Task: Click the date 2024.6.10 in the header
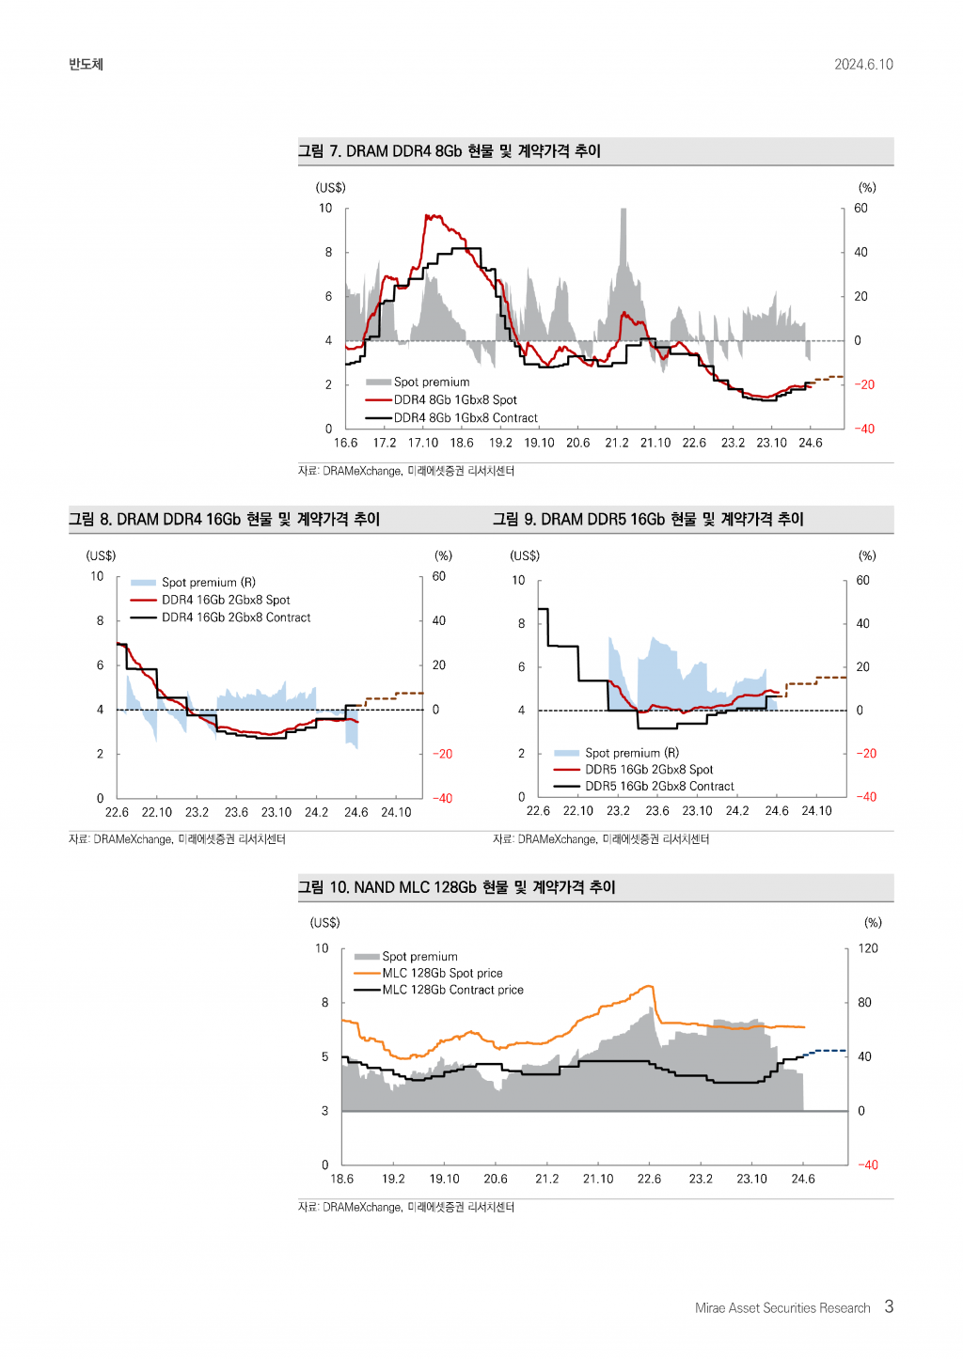pos(863,65)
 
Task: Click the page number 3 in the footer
pos(889,1306)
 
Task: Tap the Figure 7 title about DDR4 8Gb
pos(450,151)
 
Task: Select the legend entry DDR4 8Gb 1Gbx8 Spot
pos(455,400)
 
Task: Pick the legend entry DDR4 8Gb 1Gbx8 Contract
pos(466,418)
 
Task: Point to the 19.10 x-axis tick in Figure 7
pos(539,443)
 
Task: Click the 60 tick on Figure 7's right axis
pos(860,209)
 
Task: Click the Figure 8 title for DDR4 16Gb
pos(225,520)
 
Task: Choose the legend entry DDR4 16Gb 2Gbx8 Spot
pos(226,601)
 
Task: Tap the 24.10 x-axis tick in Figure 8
pos(396,812)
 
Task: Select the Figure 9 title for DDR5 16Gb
pos(649,520)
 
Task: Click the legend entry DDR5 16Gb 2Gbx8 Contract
pos(659,787)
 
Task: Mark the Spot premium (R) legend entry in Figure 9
pos(632,753)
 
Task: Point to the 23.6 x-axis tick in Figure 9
pos(657,811)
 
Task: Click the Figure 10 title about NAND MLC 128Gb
pos(457,887)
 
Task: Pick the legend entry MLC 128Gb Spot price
pos(442,974)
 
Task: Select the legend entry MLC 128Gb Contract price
pos(452,991)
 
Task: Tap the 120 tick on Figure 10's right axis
pos(868,948)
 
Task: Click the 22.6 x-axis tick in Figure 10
pos(649,1179)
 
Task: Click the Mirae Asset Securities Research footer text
pos(782,1308)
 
